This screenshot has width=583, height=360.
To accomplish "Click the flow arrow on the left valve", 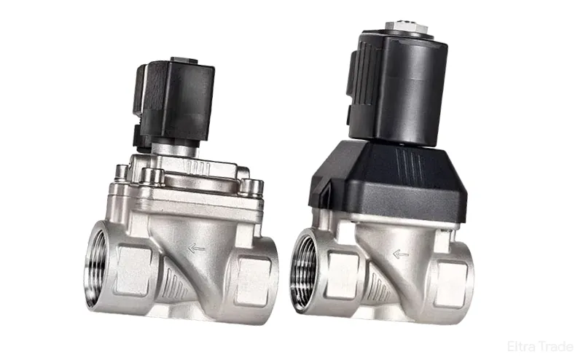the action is click(x=196, y=249).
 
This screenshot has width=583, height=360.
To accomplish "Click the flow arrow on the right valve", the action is click(x=401, y=254).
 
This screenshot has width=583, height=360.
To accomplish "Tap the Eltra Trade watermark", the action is click(x=540, y=346).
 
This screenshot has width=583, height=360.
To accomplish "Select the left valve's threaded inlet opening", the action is click(x=95, y=265).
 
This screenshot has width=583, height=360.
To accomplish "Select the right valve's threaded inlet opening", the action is click(x=302, y=270).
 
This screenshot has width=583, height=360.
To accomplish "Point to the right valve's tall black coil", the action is click(x=397, y=87).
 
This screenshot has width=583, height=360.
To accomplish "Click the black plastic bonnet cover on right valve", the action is click(x=388, y=181).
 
